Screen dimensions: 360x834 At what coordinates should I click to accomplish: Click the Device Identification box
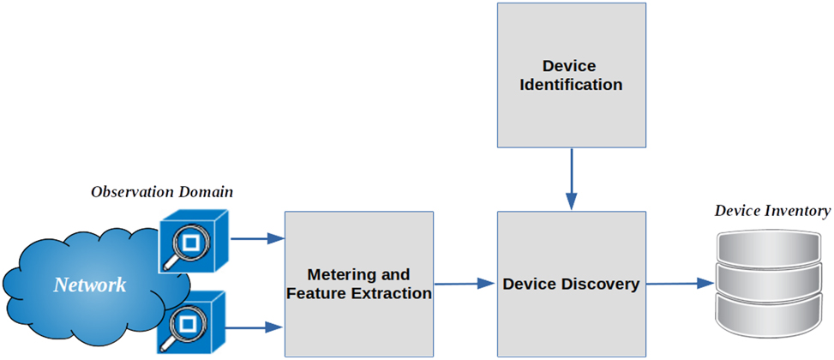[x=571, y=75]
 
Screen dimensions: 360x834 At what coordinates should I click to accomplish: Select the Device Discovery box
[x=571, y=284]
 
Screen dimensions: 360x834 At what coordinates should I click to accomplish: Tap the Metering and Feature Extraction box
[x=359, y=284]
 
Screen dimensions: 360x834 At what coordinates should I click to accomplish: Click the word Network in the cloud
[x=90, y=285]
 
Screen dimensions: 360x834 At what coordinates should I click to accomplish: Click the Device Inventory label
[x=772, y=211]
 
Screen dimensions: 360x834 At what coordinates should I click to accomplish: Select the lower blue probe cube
[x=191, y=323]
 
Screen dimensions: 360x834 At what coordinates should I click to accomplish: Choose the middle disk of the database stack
[x=772, y=281]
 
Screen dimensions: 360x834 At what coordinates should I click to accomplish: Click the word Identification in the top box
[x=571, y=85]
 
